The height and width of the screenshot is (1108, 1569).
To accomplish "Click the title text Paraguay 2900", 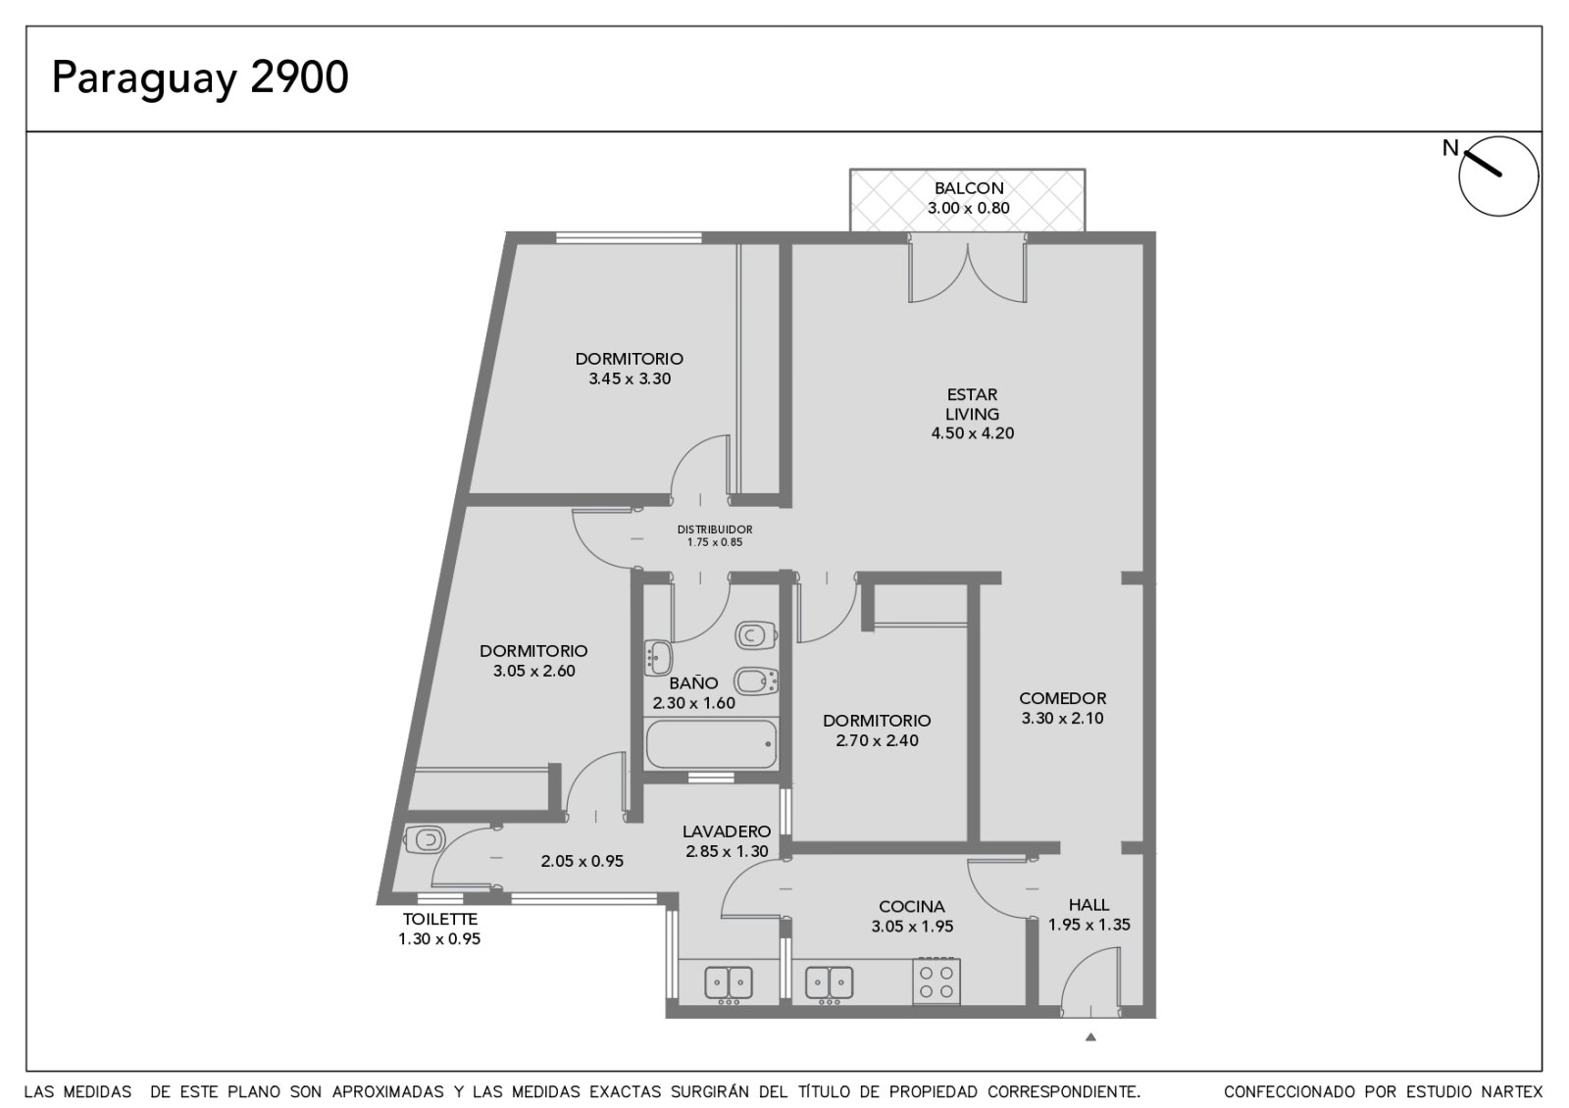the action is (x=200, y=78).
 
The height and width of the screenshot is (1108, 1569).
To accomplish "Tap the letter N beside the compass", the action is (x=1449, y=148).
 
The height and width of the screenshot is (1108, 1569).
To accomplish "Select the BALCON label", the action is (x=969, y=187).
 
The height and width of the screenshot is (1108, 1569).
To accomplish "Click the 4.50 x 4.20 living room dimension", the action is (x=972, y=432).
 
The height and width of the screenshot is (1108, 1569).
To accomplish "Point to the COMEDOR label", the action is (x=1063, y=697).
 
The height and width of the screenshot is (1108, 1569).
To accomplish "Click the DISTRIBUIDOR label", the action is (x=715, y=529).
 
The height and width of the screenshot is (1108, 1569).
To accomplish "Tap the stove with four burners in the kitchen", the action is (x=936, y=982).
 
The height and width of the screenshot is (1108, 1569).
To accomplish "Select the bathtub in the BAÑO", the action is (x=711, y=744).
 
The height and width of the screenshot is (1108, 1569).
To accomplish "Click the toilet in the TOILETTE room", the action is (x=424, y=838).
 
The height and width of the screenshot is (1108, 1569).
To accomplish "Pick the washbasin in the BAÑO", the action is (x=658, y=658).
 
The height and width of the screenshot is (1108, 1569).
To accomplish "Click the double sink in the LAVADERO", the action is (x=728, y=982).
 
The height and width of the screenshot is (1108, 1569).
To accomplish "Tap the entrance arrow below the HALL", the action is (x=1090, y=1037).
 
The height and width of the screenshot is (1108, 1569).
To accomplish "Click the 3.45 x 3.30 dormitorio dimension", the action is (x=630, y=378).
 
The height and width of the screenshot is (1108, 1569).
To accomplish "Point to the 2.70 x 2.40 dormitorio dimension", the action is (x=877, y=740).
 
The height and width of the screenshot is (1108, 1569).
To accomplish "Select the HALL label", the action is (x=1088, y=904).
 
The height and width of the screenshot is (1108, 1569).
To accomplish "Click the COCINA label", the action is (x=912, y=906).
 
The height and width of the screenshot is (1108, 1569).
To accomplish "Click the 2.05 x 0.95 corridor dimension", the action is (x=582, y=861).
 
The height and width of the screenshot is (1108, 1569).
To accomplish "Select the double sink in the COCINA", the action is (x=829, y=982).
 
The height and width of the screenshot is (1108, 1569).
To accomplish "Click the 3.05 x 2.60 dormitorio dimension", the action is (x=533, y=671).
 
